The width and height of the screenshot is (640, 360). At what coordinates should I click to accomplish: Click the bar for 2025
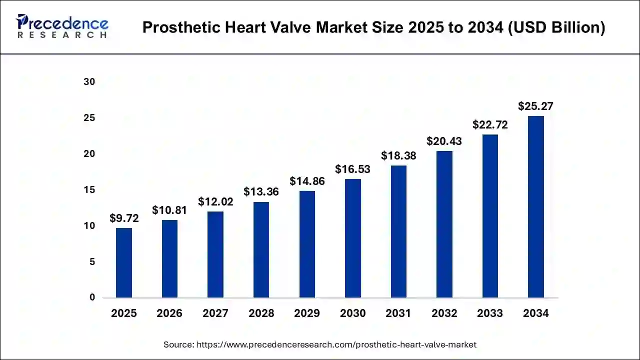124,263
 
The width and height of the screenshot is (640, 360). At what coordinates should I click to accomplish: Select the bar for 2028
261,250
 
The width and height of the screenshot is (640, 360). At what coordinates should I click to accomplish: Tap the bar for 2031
398,231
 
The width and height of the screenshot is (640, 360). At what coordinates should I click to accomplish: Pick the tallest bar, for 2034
535,207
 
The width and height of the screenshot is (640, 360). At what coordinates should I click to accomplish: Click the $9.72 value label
124,218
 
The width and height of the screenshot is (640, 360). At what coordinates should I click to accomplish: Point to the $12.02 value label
215,202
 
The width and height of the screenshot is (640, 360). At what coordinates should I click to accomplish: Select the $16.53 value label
353,169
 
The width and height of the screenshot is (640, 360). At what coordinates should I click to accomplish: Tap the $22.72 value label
490,125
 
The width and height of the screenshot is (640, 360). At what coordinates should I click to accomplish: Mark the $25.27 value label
535,106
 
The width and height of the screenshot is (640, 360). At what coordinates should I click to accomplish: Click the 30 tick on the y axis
89,82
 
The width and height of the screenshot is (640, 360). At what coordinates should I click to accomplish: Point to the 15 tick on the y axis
89,190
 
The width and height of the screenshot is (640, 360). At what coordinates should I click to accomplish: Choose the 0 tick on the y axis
92,297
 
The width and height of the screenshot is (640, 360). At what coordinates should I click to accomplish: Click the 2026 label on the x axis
169,313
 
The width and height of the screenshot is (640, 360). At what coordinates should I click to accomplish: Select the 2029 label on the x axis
307,313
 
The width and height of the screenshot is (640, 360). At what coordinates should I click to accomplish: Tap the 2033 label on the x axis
490,313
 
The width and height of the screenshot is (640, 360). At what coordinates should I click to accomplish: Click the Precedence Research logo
62,27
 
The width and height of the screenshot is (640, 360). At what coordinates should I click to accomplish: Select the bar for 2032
444,224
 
